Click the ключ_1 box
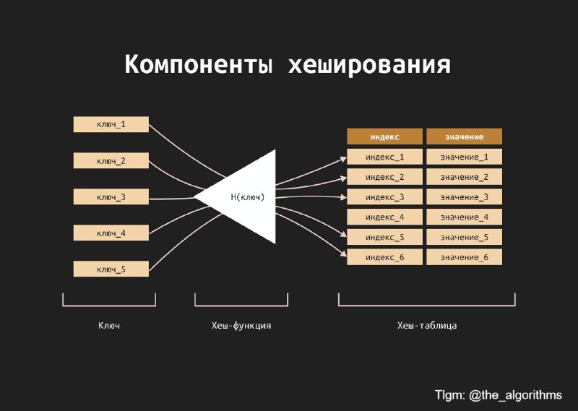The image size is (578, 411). (111, 124)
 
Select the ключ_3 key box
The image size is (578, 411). (111, 197)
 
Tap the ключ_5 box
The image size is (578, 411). (111, 269)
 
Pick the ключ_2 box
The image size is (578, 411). (111, 160)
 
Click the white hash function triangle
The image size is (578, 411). (247, 197)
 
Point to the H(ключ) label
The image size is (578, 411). (248, 197)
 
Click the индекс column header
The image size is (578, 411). (384, 137)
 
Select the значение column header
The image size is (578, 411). (464, 137)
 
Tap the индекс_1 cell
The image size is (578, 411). (384, 157)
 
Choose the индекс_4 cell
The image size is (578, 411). (384, 217)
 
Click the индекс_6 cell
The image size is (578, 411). (384, 257)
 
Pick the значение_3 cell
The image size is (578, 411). (464, 197)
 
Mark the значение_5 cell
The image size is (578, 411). (464, 237)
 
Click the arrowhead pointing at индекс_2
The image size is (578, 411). (344, 179)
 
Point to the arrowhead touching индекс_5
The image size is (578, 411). (344, 234)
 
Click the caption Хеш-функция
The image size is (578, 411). (241, 326)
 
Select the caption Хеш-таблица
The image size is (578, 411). (427, 326)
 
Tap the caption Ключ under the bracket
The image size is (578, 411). (109, 326)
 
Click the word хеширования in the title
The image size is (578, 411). (369, 65)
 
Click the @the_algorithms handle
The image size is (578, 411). (515, 395)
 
